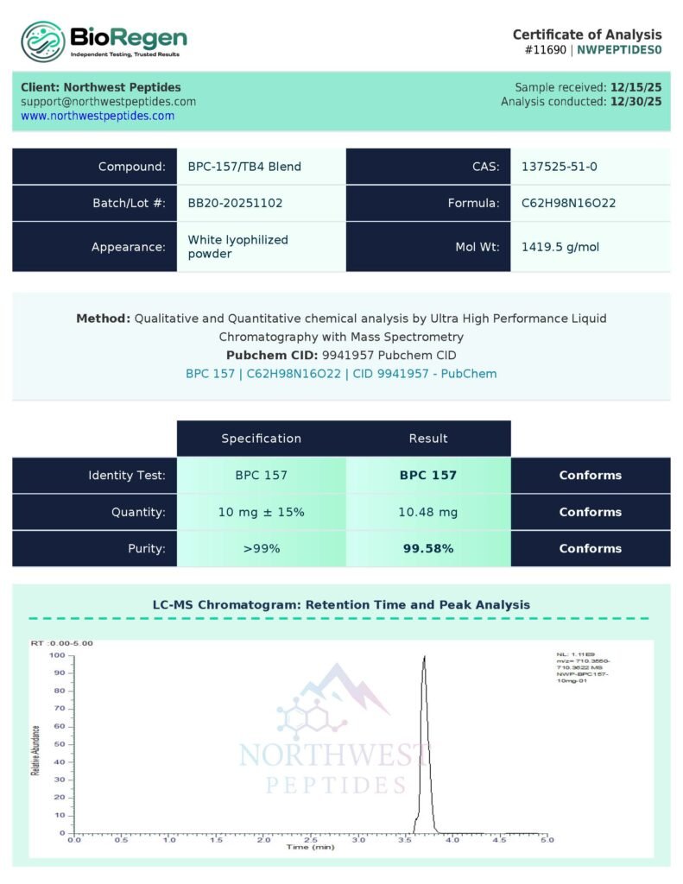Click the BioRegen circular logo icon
coord(43,42)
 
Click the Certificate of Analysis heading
coord(587,35)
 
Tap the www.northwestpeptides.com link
coord(98,116)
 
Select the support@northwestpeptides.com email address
coord(109,101)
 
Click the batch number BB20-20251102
coord(235,204)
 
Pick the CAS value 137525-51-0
coord(559,167)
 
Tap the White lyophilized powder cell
coord(238,247)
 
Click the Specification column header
coord(261,439)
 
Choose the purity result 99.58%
coord(428,548)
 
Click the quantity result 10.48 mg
coord(428,512)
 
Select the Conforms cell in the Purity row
coord(590,548)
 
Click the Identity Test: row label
coord(126,475)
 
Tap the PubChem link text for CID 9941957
coord(341,374)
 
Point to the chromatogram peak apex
coord(424,657)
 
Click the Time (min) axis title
coord(310,848)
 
